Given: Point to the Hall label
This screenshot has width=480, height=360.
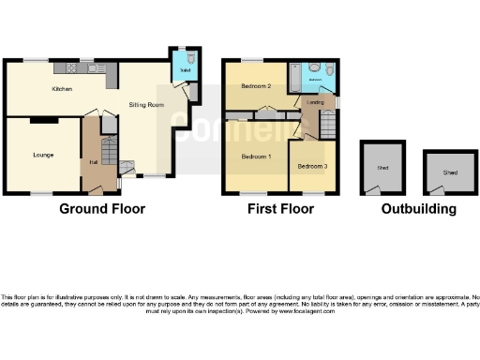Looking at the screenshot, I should pyautogui.click(x=93, y=162).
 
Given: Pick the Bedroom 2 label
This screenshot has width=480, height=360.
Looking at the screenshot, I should pyautogui.click(x=255, y=86).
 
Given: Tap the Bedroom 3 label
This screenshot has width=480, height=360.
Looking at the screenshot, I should pyautogui.click(x=313, y=166).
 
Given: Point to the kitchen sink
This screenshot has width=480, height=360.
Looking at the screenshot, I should pyautogui.click(x=94, y=67).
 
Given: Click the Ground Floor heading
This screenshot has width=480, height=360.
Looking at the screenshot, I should pyautogui.click(x=102, y=209).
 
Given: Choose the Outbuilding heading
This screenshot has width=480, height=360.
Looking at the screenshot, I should pyautogui.click(x=419, y=209).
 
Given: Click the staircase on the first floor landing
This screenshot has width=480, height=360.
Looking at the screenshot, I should pyautogui.click(x=328, y=125).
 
